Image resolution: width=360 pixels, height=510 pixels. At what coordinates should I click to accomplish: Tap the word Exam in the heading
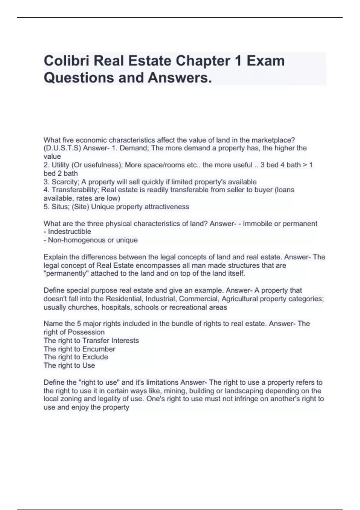click(265, 61)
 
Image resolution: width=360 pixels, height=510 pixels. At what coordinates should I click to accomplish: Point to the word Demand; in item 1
click(132, 148)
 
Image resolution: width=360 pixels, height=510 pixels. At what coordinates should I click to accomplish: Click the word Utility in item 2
click(60, 165)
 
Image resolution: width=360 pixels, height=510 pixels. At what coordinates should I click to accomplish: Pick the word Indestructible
click(69, 232)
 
